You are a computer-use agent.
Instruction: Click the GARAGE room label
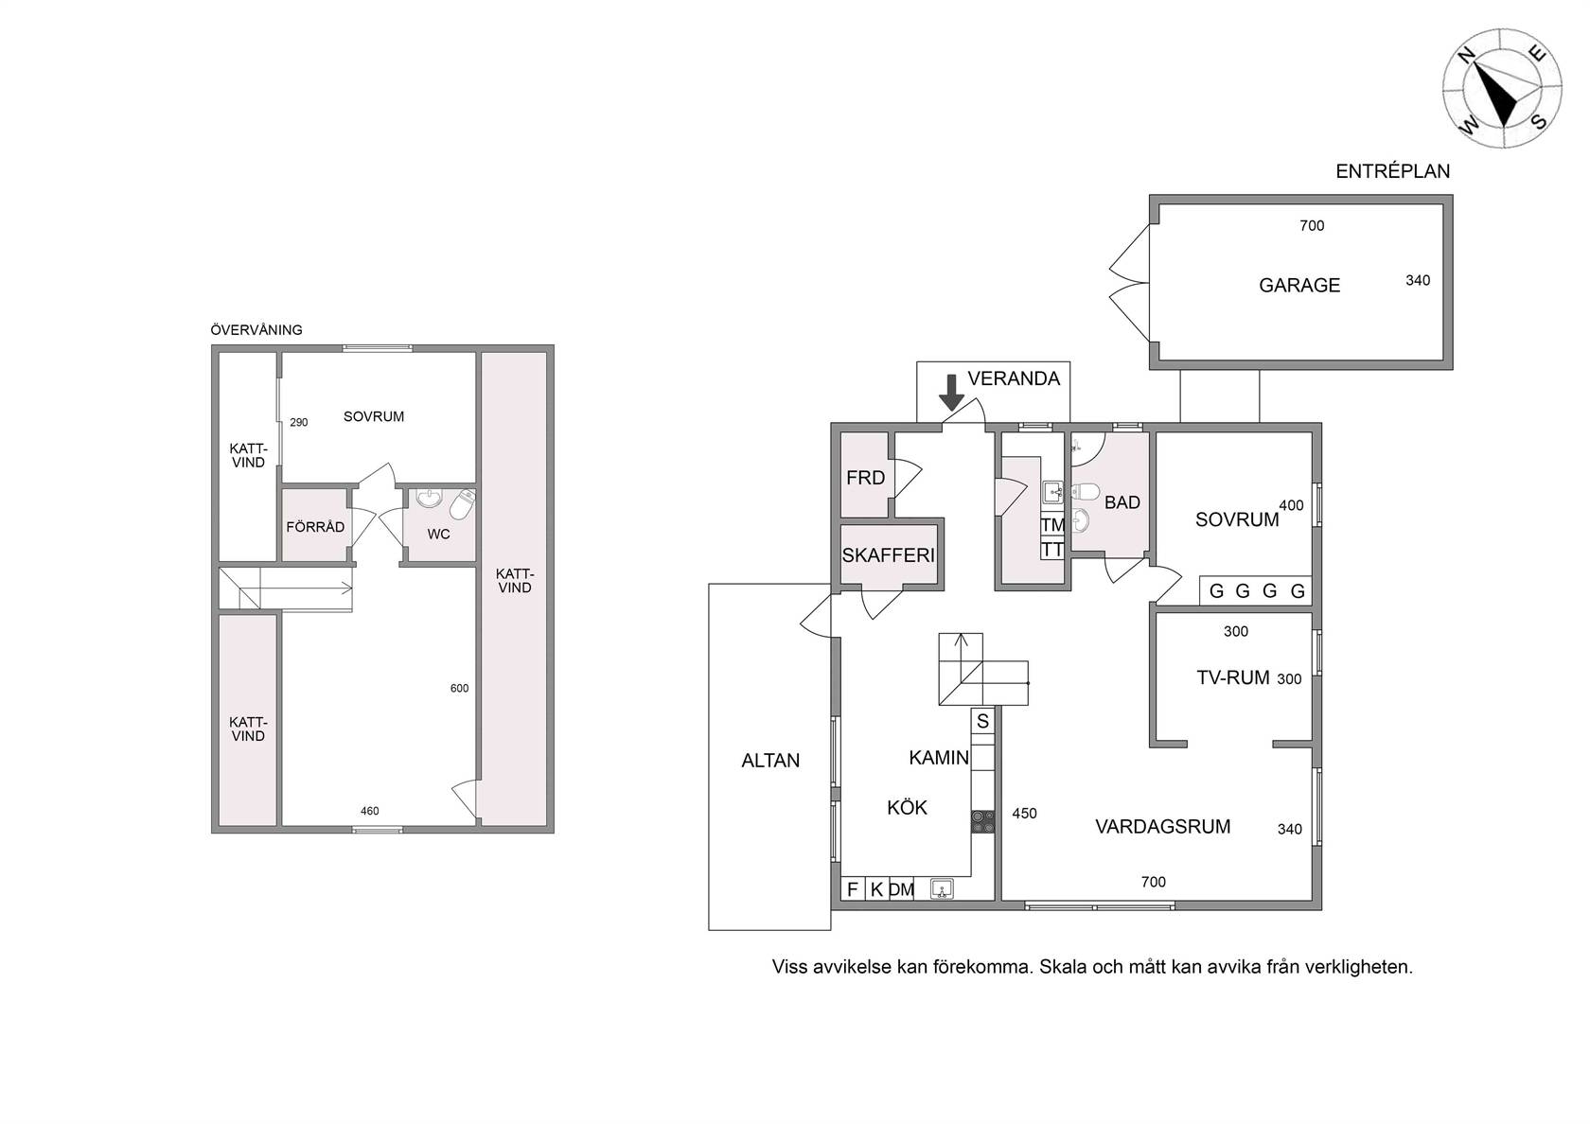[x=1298, y=286]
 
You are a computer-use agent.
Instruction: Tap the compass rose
[x=1502, y=88]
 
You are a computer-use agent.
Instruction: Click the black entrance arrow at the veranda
[x=952, y=393]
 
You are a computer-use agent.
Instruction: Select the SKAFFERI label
[x=888, y=554]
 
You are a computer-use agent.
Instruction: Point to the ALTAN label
[x=770, y=761]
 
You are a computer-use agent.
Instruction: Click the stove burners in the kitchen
[x=982, y=821]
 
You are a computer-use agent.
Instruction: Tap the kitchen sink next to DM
[x=942, y=889]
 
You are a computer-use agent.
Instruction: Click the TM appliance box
[x=1052, y=525]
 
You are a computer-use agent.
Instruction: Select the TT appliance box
[x=1052, y=549]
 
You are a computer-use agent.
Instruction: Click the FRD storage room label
[x=865, y=479]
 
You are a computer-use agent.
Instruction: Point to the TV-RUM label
[x=1233, y=678]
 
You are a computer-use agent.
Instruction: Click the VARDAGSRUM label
[x=1162, y=827]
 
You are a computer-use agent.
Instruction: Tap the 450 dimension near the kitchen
[x=1024, y=814]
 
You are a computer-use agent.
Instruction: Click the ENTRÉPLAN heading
[x=1393, y=171]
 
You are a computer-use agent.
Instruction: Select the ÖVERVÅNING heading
[x=256, y=330]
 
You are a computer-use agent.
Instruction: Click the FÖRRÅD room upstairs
[x=315, y=527]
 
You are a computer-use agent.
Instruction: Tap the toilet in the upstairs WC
[x=462, y=503]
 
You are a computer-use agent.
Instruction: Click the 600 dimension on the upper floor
[x=459, y=689]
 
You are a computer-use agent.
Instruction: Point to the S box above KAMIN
[x=982, y=722]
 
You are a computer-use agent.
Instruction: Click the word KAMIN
[x=939, y=758]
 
